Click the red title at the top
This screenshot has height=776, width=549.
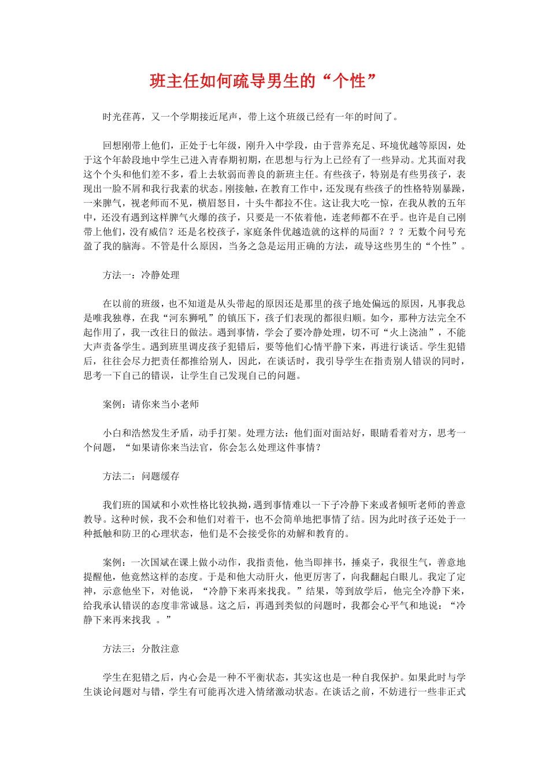[263, 81]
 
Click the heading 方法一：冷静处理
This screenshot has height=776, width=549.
[141, 275]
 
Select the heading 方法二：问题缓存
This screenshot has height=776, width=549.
[141, 476]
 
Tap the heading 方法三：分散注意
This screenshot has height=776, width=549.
[141, 649]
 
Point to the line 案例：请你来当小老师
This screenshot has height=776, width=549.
[151, 405]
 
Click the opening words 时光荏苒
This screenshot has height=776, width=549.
[122, 117]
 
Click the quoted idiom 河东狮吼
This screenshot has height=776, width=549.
[189, 318]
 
